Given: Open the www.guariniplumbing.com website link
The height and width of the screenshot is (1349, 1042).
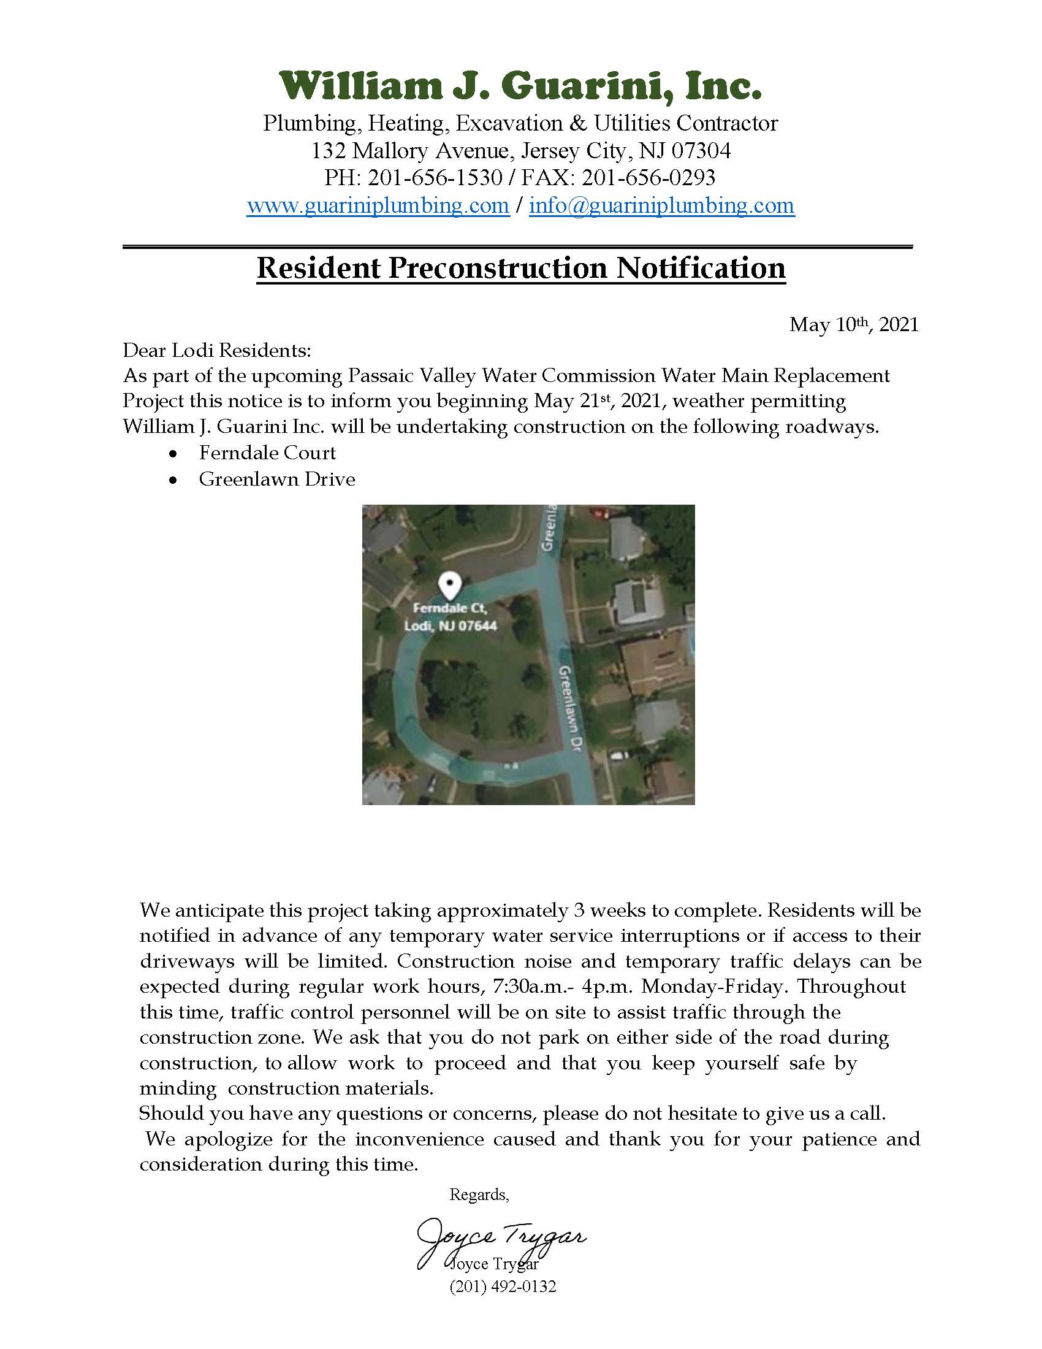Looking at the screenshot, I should [378, 205].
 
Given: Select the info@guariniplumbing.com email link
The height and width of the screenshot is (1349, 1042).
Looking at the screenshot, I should [662, 205].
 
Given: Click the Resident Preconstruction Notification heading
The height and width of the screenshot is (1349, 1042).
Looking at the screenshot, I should [520, 268].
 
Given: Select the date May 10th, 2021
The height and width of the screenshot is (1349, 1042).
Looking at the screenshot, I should [853, 325].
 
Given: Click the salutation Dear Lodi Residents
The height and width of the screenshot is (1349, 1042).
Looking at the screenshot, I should [216, 351].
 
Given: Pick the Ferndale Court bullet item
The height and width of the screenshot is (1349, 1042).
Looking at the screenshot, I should [267, 453].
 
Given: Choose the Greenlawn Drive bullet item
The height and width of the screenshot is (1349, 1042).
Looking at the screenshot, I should [276, 480].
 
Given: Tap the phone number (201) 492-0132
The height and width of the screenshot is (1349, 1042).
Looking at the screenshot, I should [503, 1286].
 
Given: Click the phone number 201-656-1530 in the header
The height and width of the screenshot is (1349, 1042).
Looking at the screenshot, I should [435, 178].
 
